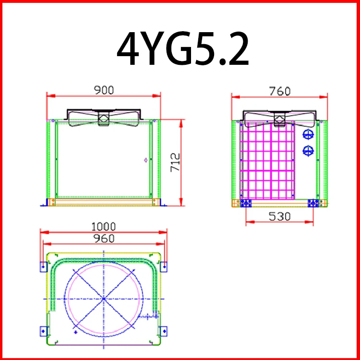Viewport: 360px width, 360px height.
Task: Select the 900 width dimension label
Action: pos(104,90)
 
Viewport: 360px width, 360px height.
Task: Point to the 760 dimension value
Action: pos(280,90)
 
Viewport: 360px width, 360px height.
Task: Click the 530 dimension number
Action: pos(279,216)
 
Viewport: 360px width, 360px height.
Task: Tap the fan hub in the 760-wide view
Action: pos(279,119)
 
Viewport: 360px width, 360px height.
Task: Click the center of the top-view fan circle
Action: pos(104,299)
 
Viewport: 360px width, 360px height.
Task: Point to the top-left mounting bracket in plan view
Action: pos(43,265)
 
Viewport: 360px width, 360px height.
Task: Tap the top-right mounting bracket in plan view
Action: pos(164,265)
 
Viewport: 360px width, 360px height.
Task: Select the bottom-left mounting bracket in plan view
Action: pos(43,330)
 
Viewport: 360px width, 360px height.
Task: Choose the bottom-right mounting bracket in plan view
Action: pos(164,330)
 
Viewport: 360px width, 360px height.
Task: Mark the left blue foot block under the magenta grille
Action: pos(246,203)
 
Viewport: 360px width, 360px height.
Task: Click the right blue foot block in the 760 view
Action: pos(314,203)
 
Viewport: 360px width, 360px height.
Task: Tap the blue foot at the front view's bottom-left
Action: pos(47,202)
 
